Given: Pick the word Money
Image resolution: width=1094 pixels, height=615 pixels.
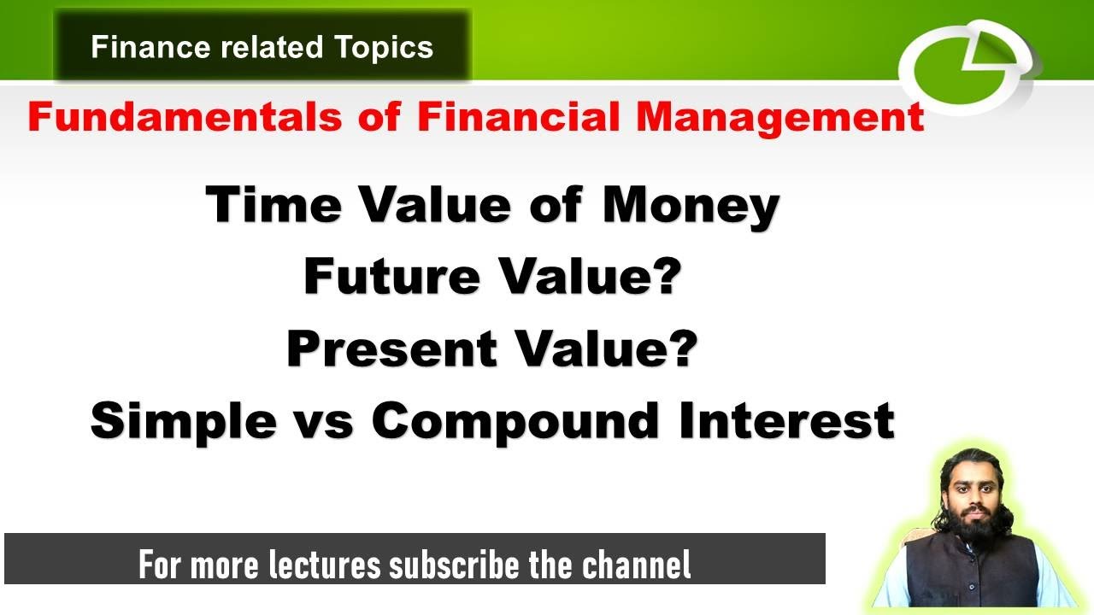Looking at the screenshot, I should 691,206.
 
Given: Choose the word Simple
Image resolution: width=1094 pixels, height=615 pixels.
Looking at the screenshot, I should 184,421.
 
